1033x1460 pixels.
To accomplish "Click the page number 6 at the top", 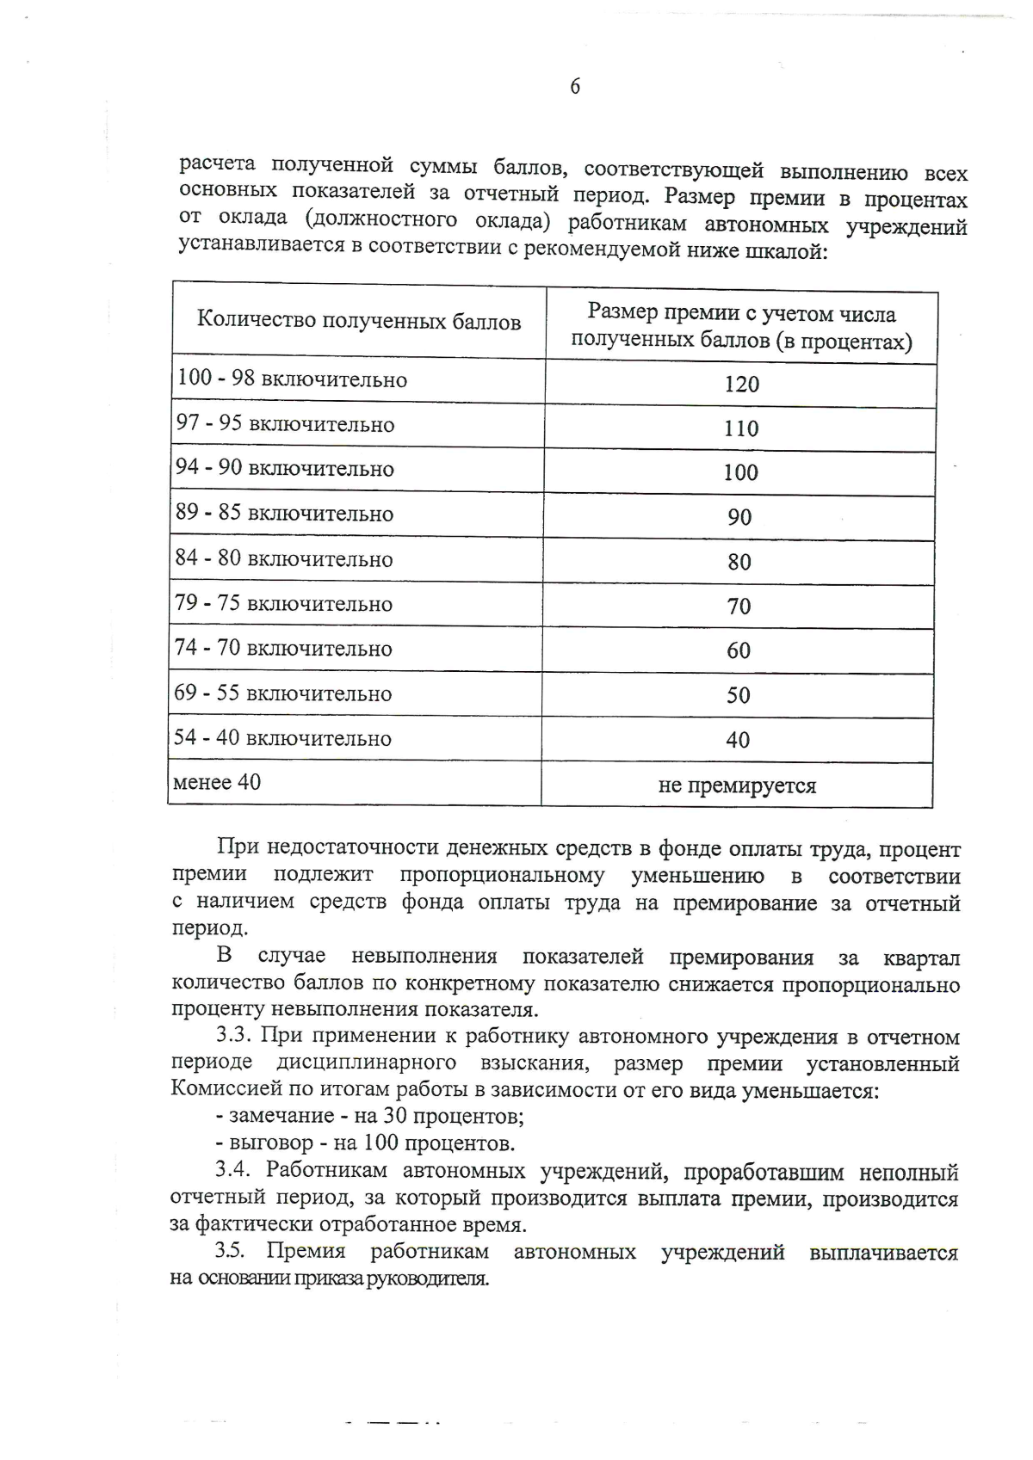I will [575, 86].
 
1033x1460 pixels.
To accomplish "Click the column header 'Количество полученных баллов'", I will [359, 322].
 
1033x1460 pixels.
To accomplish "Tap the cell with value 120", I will [741, 384].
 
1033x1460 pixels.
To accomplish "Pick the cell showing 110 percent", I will [740, 428].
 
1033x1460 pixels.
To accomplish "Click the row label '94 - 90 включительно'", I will [284, 468].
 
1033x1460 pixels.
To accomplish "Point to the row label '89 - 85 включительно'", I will [284, 514].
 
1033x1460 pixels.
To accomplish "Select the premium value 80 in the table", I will [739, 562].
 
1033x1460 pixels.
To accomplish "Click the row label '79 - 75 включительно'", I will [283, 603].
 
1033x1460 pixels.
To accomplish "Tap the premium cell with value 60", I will [739, 650].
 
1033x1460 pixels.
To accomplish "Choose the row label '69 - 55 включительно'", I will [282, 693].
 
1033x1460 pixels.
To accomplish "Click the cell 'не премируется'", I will [737, 785].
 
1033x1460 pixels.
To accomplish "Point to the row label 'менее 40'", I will [217, 782].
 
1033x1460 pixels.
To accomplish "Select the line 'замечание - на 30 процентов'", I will [370, 1116].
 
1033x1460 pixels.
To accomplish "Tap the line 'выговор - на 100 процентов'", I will [365, 1143].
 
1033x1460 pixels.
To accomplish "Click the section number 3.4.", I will [232, 1170].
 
